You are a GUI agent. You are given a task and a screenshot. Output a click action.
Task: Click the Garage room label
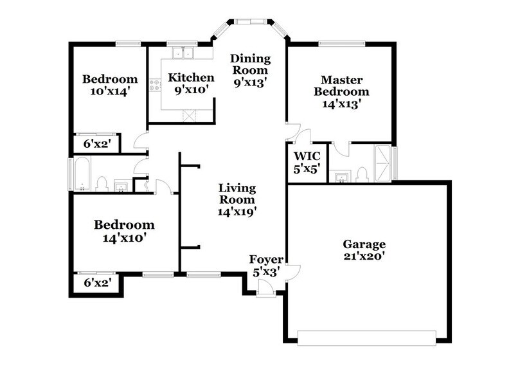(x=364, y=250)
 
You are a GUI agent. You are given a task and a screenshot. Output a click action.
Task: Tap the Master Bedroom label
(x=341, y=91)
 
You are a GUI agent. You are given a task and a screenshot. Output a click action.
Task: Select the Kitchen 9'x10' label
(x=187, y=84)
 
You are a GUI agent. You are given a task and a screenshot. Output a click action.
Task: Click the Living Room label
(x=237, y=199)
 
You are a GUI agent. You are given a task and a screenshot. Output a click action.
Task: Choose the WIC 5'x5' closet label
(x=307, y=163)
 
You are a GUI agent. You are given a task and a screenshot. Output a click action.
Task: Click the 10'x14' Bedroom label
(x=110, y=85)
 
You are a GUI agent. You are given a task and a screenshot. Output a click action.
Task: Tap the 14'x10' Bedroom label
(x=124, y=231)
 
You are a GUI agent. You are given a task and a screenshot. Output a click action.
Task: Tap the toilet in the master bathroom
(x=362, y=174)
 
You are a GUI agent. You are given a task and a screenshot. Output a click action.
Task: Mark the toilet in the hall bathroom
(x=101, y=184)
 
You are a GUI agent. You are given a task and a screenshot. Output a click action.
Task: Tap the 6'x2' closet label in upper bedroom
(x=96, y=145)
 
